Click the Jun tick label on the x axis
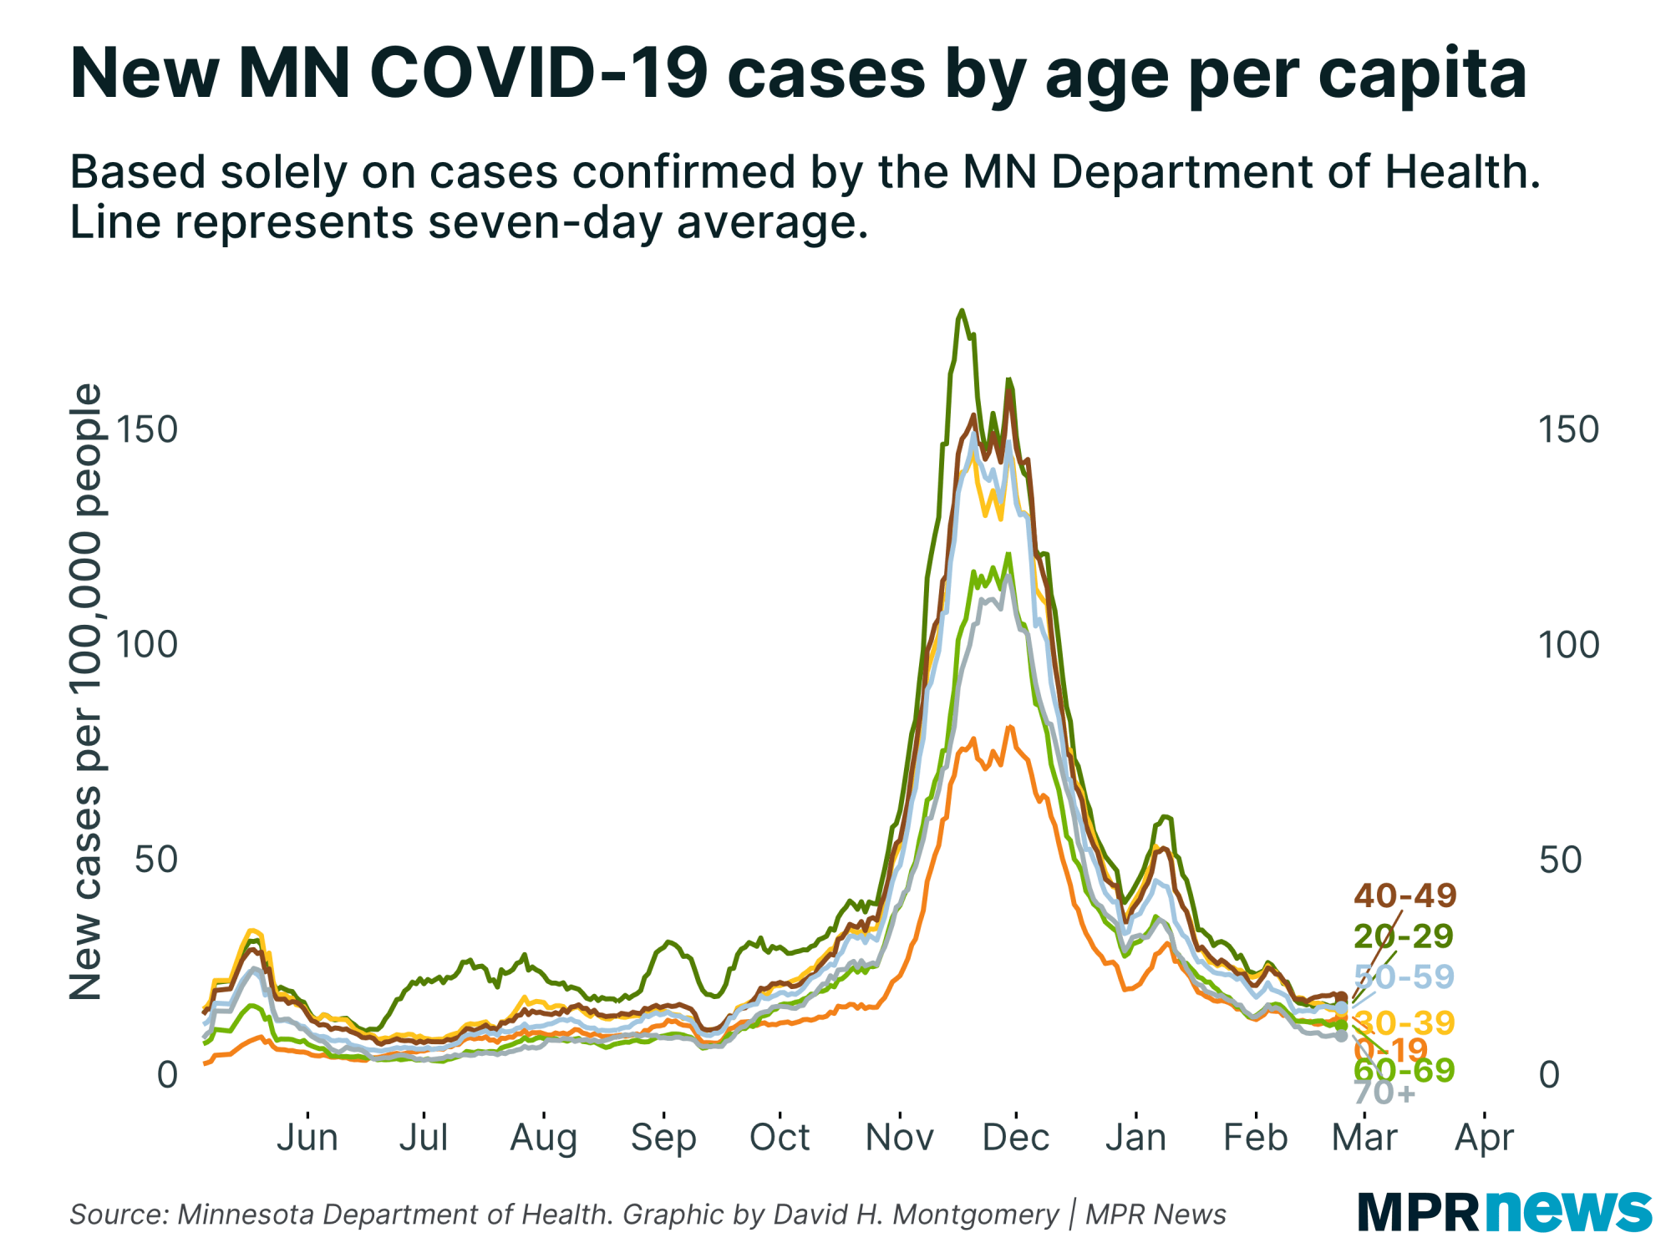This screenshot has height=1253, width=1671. click(x=307, y=1138)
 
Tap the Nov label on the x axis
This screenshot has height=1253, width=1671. click(x=899, y=1138)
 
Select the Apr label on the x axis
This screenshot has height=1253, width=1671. click(x=1484, y=1138)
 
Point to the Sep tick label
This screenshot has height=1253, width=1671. click(x=663, y=1138)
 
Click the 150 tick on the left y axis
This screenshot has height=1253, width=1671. click(x=147, y=429)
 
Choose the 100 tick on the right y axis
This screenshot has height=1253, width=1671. click(x=1568, y=645)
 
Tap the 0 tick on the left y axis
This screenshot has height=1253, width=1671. click(x=167, y=1075)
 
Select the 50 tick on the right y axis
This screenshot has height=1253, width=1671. click(x=1560, y=860)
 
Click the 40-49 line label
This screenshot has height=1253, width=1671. click(x=1405, y=895)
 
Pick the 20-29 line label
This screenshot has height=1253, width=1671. click(x=1404, y=936)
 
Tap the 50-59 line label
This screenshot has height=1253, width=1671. click(x=1404, y=976)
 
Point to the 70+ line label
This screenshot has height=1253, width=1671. click(x=1384, y=1092)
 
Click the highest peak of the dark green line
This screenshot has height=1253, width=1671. click(x=962, y=311)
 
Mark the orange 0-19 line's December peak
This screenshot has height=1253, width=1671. click(x=1009, y=727)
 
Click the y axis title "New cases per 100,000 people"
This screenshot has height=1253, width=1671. click(x=85, y=692)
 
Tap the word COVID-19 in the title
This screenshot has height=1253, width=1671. click(x=538, y=74)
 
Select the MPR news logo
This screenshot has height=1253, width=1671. click(x=1504, y=1211)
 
